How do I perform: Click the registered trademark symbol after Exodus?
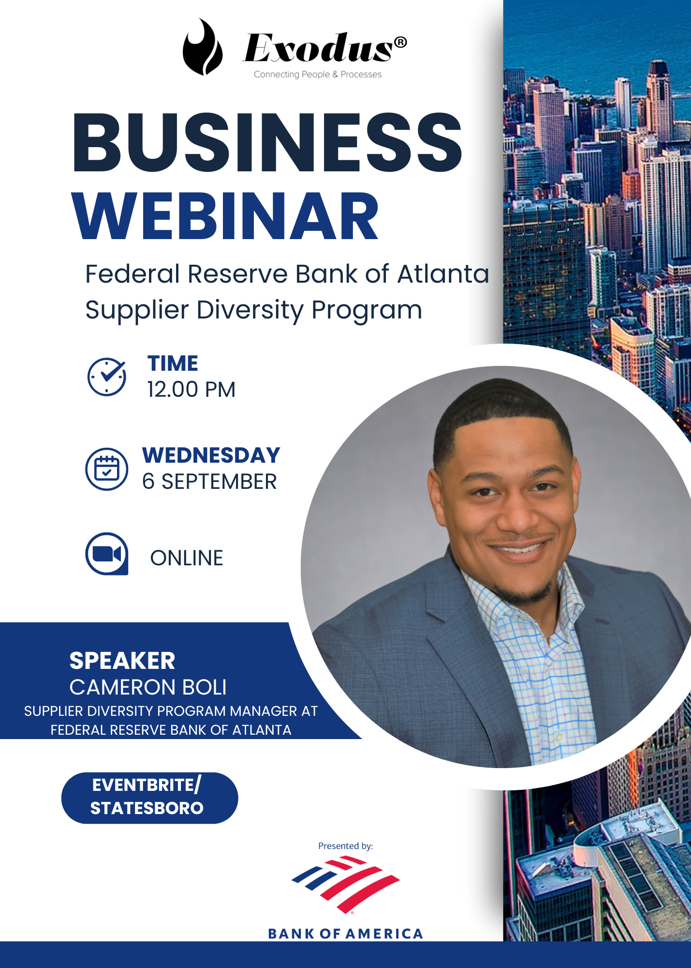[x=400, y=42]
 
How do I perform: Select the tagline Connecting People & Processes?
[x=318, y=75]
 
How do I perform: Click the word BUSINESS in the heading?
[x=267, y=142]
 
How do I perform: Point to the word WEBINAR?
[x=225, y=216]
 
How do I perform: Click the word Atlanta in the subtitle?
[x=443, y=274]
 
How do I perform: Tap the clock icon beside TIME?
[x=107, y=377]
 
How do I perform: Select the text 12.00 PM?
[x=191, y=390]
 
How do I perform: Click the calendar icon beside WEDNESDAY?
[x=107, y=469]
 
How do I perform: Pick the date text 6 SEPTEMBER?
[x=209, y=482]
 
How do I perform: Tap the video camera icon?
[x=107, y=554]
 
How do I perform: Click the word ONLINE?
[x=187, y=558]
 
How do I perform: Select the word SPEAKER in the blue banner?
[x=122, y=661]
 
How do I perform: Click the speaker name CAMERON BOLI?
[x=148, y=687]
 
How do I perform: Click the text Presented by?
[x=345, y=846]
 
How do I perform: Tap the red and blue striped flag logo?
[x=345, y=885]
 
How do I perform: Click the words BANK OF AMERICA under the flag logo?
[x=345, y=934]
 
